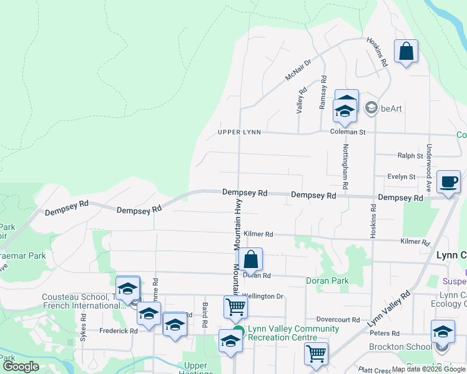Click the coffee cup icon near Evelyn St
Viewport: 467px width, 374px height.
coord(448,181)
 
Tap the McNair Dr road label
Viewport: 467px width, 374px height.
coord(298,70)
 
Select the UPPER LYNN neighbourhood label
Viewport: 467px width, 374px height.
coord(238,132)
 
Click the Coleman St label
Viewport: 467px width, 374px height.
coord(347,132)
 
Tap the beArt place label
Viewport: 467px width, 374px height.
coord(391,108)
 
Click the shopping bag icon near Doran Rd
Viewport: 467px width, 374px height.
coord(250,259)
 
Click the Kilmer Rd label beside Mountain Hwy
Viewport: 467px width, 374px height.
coord(258,234)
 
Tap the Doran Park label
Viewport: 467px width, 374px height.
coord(327,281)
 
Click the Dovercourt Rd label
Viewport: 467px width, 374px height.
coord(338,320)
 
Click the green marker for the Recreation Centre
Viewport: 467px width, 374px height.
coord(238,331)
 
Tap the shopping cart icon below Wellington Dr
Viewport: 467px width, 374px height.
coord(235,307)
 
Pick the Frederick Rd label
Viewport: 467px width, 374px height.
coord(117,331)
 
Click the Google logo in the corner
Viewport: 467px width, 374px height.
coord(21,367)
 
